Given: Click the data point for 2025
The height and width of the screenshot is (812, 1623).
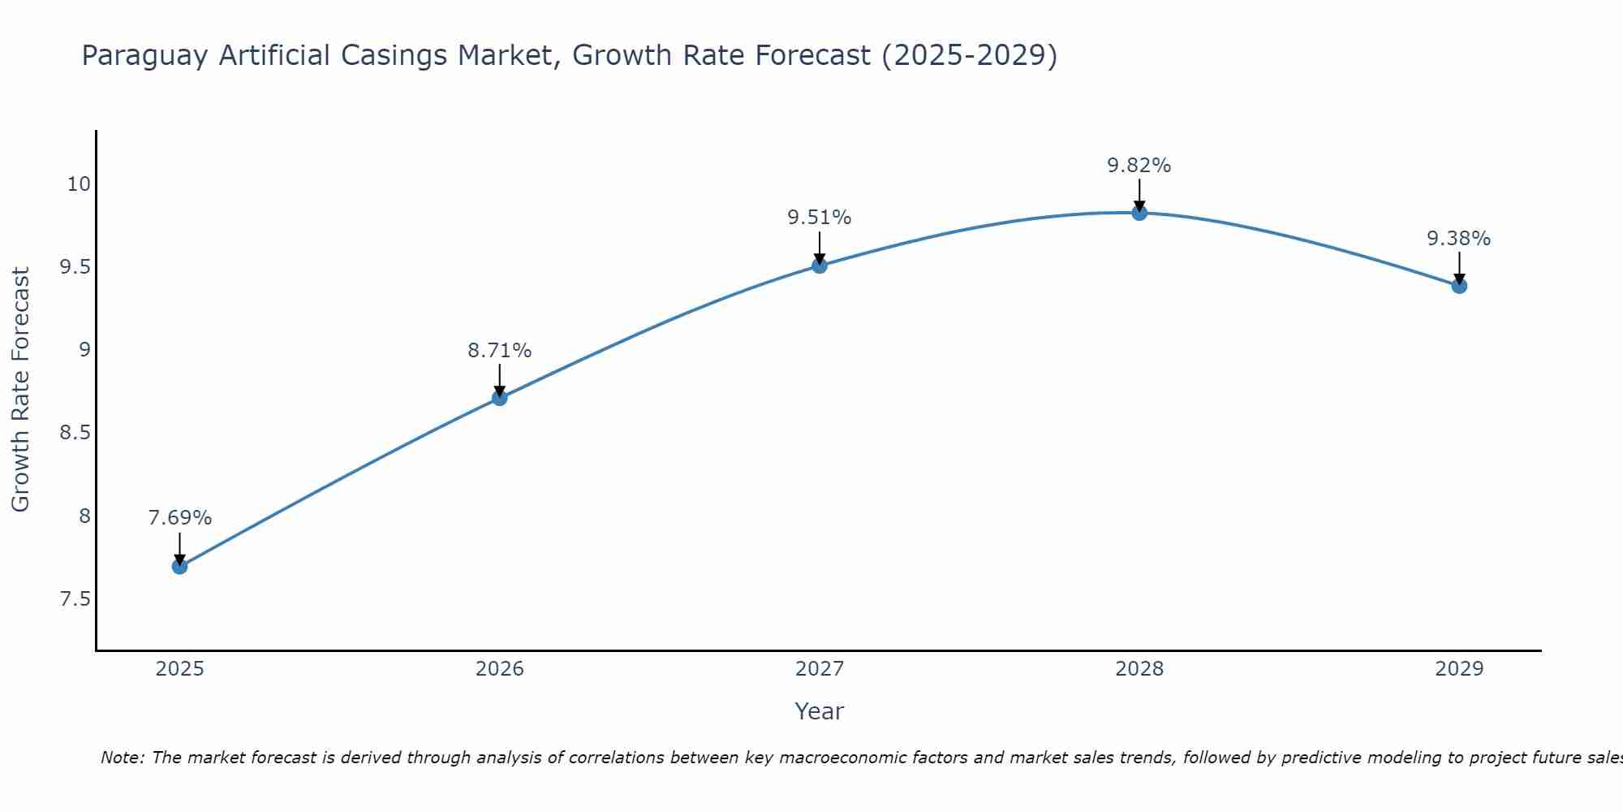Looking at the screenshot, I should point(179,566).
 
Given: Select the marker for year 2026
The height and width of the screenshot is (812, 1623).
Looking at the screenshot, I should point(499,398).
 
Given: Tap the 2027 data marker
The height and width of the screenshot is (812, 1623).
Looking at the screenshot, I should point(819,266).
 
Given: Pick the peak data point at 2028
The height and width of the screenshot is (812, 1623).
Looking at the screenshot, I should point(1139,213).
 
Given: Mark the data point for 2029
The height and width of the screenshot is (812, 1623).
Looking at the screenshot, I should point(1458,286).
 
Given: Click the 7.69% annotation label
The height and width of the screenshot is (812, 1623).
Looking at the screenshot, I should point(179,518).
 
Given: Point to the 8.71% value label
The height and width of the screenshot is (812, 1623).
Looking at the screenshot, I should point(499,351).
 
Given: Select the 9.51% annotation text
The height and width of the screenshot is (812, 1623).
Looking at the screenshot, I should point(819,218).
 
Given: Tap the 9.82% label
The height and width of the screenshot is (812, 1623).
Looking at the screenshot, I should point(1139,166).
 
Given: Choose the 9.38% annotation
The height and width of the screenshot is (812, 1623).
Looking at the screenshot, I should point(1458,239).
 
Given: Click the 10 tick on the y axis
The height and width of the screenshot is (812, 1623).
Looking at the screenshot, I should point(78,184).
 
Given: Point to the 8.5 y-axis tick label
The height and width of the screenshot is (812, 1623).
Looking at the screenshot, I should point(74,433).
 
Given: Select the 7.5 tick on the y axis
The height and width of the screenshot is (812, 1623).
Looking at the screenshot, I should point(74,599).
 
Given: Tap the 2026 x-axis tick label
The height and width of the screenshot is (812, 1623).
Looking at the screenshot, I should point(499,669).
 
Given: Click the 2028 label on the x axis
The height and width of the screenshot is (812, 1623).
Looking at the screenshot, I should point(1139,669).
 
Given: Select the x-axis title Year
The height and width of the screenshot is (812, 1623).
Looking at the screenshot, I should point(819,711).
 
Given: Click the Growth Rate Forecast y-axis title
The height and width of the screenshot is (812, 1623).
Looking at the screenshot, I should point(20,390).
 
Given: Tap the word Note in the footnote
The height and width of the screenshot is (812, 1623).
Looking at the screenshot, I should point(121,758).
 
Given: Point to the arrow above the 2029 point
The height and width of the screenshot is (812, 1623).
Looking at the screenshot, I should point(1458,266).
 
